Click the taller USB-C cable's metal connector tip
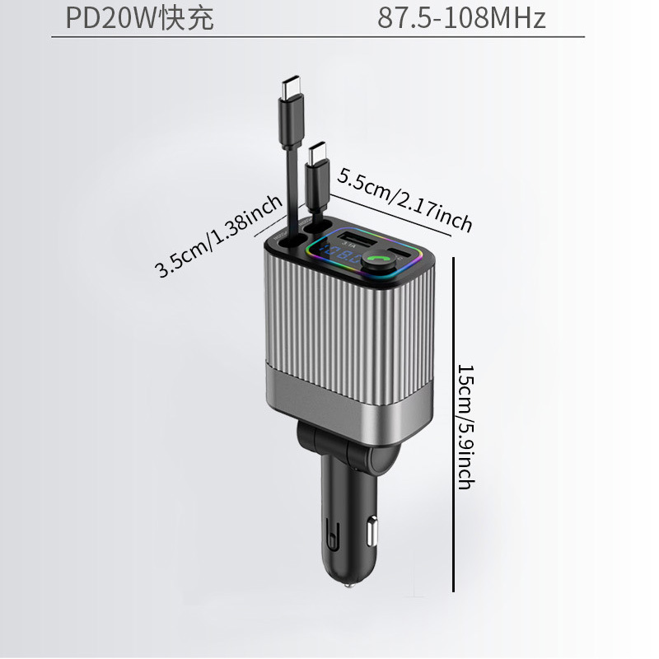pyautogui.click(x=292, y=84)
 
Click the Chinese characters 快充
pyautogui.click(x=188, y=18)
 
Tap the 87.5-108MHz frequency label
pyautogui.click(x=461, y=18)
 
